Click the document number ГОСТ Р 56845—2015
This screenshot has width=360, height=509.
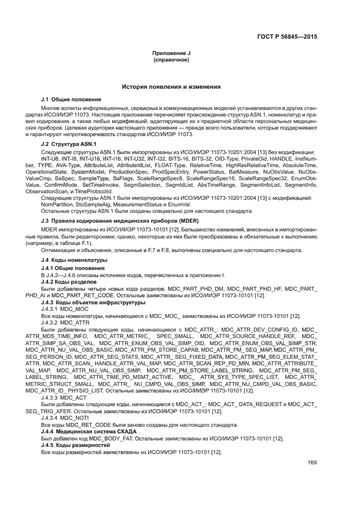287,36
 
